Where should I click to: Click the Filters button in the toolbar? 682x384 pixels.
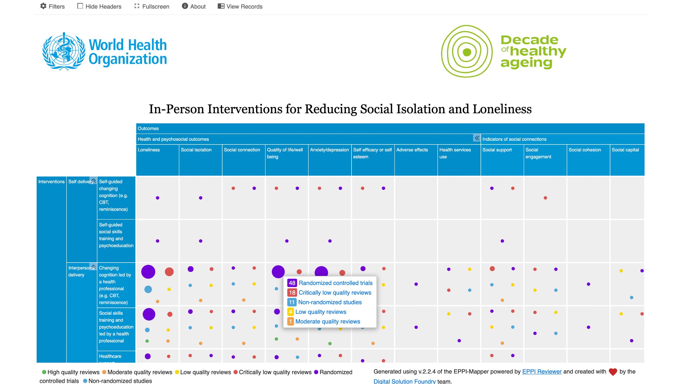click(53, 6)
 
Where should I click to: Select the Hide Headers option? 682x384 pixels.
click(99, 6)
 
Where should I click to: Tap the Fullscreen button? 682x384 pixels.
click(152, 6)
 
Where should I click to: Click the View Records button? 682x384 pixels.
click(240, 6)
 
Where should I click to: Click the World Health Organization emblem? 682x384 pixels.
click(64, 51)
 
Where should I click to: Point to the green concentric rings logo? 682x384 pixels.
click(467, 51)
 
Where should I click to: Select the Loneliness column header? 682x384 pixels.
click(149, 150)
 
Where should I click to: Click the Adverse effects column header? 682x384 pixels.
click(412, 150)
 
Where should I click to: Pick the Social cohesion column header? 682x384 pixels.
click(585, 150)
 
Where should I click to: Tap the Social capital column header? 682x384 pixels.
click(625, 150)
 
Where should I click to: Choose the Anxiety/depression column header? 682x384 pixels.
click(329, 150)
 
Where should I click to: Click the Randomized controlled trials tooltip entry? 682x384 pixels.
click(335, 283)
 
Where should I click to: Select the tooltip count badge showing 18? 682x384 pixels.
click(292, 293)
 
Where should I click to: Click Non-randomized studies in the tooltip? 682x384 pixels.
click(330, 302)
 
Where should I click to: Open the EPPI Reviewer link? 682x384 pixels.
click(542, 371)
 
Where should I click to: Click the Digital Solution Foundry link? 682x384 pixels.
click(404, 381)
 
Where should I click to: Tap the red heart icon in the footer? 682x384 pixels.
click(613, 372)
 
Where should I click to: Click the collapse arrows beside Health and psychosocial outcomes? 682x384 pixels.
click(477, 138)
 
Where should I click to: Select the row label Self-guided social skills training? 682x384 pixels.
click(116, 235)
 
